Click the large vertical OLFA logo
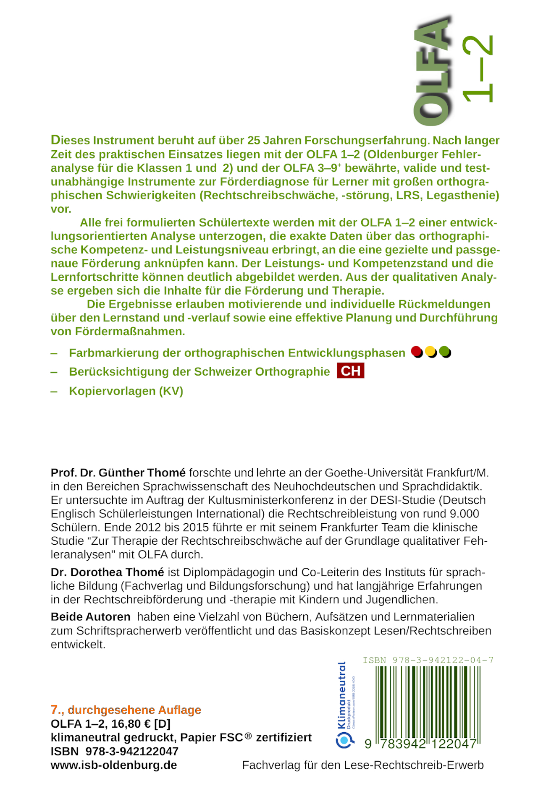433,71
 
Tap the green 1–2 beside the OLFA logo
478,69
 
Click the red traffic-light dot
417,352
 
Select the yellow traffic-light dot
430,352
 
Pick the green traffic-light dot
445,352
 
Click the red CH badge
350,371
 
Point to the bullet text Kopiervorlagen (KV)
126,391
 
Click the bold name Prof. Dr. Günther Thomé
118,473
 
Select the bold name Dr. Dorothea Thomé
107,572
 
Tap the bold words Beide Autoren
90,617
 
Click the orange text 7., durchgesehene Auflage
126,710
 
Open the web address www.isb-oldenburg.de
113,765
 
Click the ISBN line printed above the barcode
428,660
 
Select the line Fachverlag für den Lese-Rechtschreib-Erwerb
363,765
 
